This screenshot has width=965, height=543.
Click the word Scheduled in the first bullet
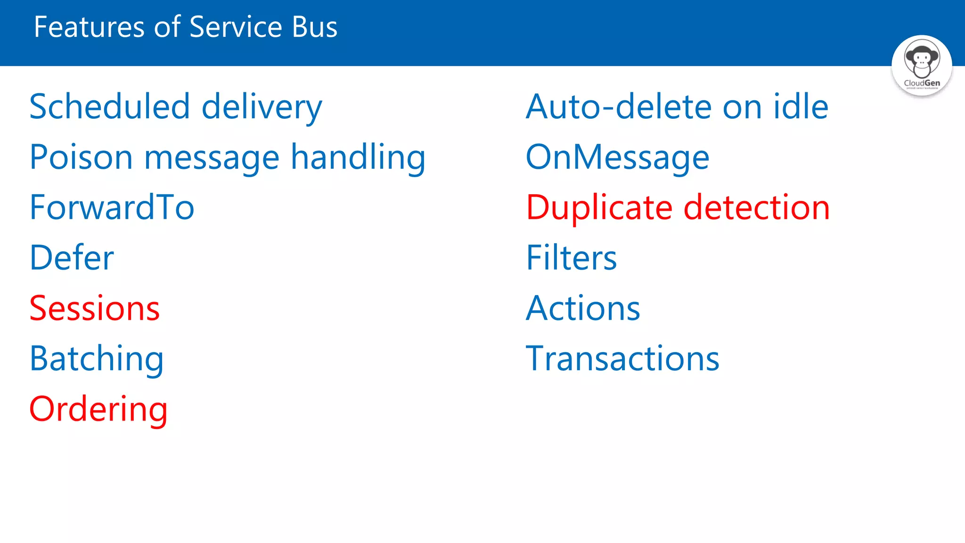coord(109,107)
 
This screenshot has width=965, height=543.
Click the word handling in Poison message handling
coord(358,157)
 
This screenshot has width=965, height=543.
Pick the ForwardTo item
coord(112,207)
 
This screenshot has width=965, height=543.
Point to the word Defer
coord(72,258)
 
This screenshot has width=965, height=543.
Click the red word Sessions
coord(94,308)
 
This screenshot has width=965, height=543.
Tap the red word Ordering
coord(98,409)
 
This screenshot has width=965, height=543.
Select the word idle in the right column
coord(801,107)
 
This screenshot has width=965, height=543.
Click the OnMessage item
coord(617,157)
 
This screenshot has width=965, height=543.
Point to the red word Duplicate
coord(599,207)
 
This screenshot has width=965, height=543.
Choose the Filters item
coord(571,258)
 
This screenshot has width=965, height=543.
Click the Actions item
coord(583,308)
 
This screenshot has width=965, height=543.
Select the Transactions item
coord(622,359)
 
